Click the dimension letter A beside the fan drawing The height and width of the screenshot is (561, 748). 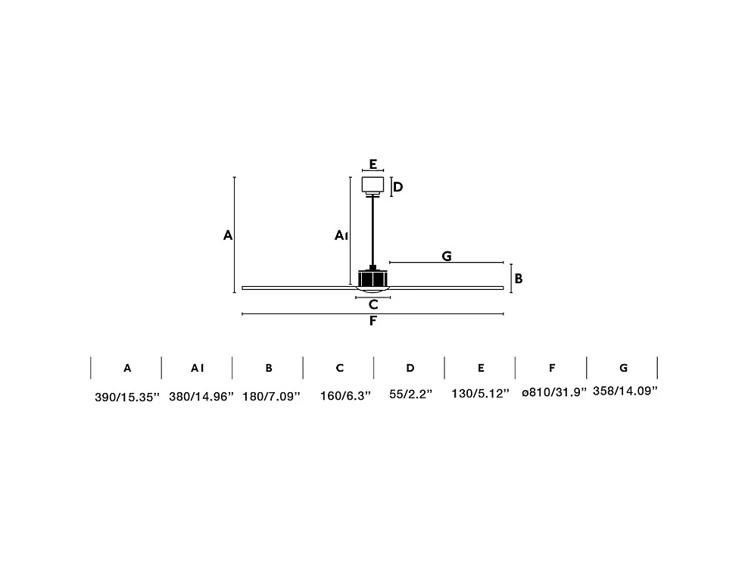coord(227,235)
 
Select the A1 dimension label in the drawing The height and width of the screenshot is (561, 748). coord(341,236)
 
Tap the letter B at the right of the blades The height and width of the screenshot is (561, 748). coord(519,279)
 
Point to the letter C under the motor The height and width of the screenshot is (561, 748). coord(372,305)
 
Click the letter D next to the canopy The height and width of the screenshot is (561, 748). coord(397,187)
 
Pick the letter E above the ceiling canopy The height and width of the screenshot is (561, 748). coord(372,164)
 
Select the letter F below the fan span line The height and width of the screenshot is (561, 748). coord(372,321)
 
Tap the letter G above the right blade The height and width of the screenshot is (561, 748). coord(447,256)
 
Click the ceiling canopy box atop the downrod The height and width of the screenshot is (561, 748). coord(372,185)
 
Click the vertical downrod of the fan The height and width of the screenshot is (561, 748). coord(372,231)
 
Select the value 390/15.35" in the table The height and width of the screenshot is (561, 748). coord(127,397)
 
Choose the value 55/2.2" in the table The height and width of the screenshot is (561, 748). coord(410,395)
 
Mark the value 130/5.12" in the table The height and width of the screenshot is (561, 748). coord(481,395)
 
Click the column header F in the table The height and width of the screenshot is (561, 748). coord(552,368)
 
